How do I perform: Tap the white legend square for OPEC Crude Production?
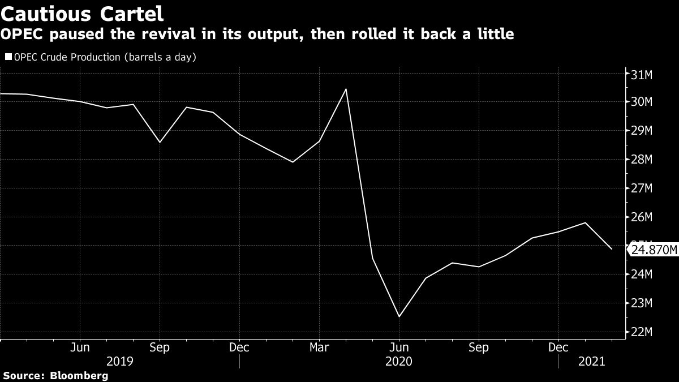click(x=8, y=57)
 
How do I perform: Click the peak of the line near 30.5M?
click(x=346, y=89)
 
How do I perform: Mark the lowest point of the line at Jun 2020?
click(x=399, y=317)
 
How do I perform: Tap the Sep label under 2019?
click(x=160, y=347)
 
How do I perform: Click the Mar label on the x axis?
click(x=319, y=347)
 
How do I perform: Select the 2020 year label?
click(x=399, y=360)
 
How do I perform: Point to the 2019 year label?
click(x=119, y=360)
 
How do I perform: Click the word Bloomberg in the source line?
click(x=80, y=375)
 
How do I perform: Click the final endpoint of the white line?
click(x=612, y=249)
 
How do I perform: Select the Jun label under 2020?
click(x=399, y=347)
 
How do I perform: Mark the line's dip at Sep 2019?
click(x=160, y=142)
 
